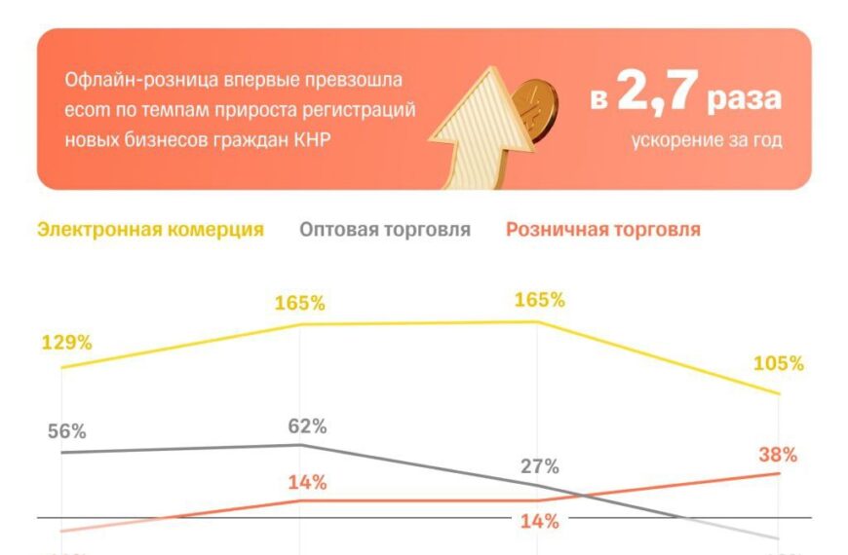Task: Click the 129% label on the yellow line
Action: coord(66,343)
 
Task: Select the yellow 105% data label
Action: coord(778,364)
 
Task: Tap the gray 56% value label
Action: coord(66,432)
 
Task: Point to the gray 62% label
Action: coord(307,426)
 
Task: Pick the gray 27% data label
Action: coord(539,465)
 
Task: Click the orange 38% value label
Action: coord(778,455)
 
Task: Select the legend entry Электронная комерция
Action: coord(150,230)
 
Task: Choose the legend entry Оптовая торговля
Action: coord(385,230)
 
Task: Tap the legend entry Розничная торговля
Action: coord(602,230)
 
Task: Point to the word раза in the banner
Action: coord(745,100)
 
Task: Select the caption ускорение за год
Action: coord(706,140)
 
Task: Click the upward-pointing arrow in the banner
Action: coord(476,127)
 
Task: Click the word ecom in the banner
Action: coord(84,109)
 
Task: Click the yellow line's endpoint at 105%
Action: coord(780,393)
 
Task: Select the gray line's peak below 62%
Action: coord(300,445)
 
